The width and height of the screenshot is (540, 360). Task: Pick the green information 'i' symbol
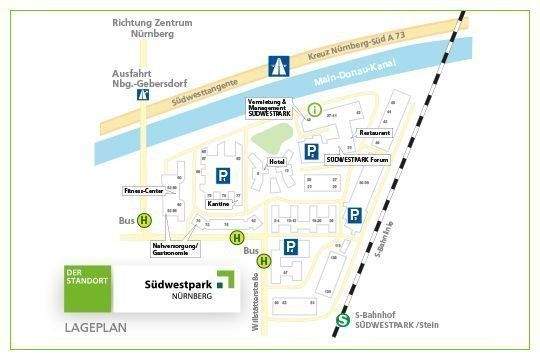click(x=315, y=108)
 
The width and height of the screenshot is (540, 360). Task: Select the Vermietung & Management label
click(x=269, y=109)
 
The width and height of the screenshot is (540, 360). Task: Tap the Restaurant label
click(x=375, y=132)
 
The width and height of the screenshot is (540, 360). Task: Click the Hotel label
click(x=277, y=161)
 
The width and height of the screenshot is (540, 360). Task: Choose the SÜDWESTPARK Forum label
click(x=356, y=159)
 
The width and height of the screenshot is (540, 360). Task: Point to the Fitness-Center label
click(x=142, y=189)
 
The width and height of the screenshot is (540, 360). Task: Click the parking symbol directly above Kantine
click(x=222, y=176)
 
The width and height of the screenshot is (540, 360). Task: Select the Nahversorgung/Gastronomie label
click(x=176, y=249)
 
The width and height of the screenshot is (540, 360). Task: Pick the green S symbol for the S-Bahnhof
click(x=342, y=320)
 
